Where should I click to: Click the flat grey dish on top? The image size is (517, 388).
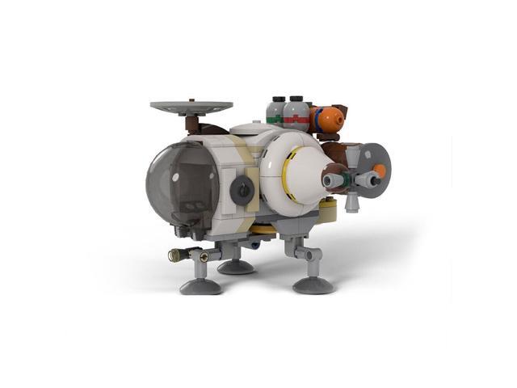coord(191,106)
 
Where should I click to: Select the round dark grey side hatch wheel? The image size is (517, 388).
coord(241,190)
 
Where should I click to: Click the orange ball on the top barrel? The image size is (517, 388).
coord(328,120)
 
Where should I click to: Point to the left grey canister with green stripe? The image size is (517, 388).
coord(276,111)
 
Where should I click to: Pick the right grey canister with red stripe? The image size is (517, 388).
coord(297,112)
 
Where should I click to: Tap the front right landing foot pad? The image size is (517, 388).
coord(313,284)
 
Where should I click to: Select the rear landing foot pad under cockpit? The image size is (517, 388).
coord(236,266)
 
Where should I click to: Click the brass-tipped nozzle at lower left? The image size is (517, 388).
coord(176,255)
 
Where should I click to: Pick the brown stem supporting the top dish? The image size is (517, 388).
coord(193,124)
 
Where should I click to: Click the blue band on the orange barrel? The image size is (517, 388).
coord(317,119)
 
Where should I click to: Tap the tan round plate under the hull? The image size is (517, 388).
coord(326,213)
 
